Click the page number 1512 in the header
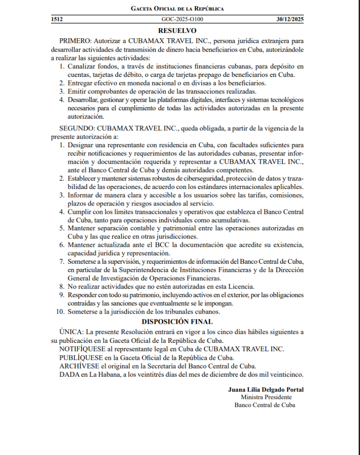57,20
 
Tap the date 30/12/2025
290,20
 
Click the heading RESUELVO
177,31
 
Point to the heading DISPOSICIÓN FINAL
177,321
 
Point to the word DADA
69,374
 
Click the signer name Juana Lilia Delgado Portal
266,389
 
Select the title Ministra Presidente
266,397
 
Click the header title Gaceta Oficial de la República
177,8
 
